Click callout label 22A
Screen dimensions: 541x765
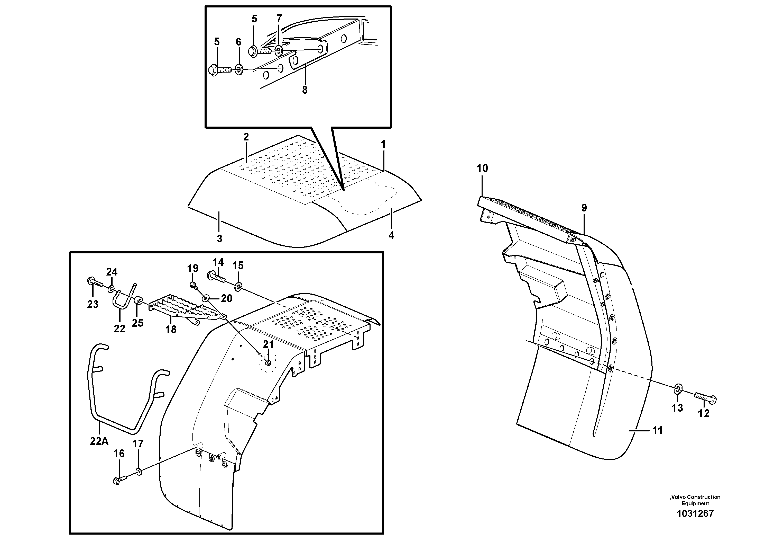(99, 441)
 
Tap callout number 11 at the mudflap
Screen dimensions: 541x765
(657, 431)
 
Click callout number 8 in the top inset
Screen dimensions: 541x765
(305, 90)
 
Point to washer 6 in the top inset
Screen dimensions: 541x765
(239, 70)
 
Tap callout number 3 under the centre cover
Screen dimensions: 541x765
(219, 238)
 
